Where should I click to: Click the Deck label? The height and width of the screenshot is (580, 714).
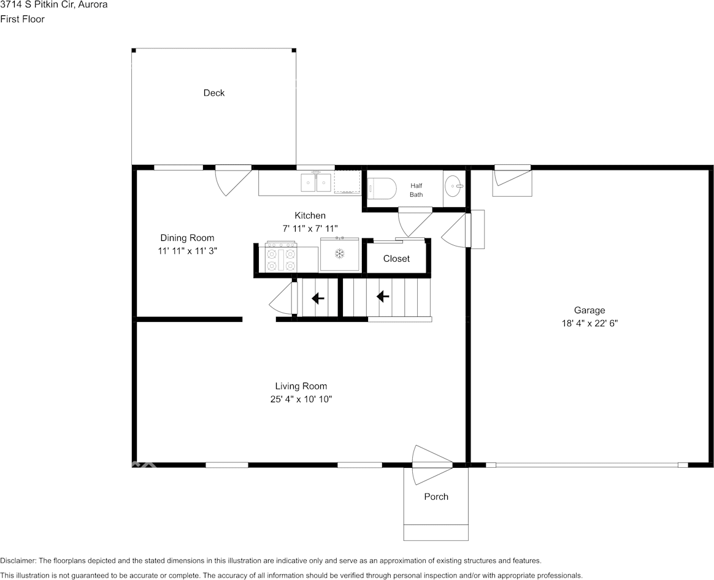click(x=213, y=93)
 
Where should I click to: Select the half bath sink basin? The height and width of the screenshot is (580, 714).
click(x=454, y=186)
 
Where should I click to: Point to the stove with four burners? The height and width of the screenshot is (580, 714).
click(x=281, y=259)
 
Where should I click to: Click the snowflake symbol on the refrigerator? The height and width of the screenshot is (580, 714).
click(x=339, y=254)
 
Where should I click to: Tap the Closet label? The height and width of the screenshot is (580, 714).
click(x=396, y=259)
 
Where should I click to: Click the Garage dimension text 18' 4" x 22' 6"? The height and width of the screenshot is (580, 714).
click(x=589, y=323)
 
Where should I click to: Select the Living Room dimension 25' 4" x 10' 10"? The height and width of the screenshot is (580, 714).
click(x=301, y=399)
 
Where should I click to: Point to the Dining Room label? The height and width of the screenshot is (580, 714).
click(x=187, y=238)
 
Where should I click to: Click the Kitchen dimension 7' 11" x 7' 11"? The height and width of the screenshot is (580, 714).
click(x=310, y=229)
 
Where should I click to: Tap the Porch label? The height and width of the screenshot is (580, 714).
click(x=436, y=497)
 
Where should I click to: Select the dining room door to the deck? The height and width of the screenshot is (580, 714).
click(x=232, y=180)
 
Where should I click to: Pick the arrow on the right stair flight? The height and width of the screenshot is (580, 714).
click(x=383, y=297)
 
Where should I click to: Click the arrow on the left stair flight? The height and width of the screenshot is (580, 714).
click(x=318, y=299)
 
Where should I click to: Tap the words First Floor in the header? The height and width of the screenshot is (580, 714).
click(x=22, y=19)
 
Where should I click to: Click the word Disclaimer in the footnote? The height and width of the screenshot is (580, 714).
click(x=18, y=561)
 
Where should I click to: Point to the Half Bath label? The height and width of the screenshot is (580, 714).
click(x=416, y=190)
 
